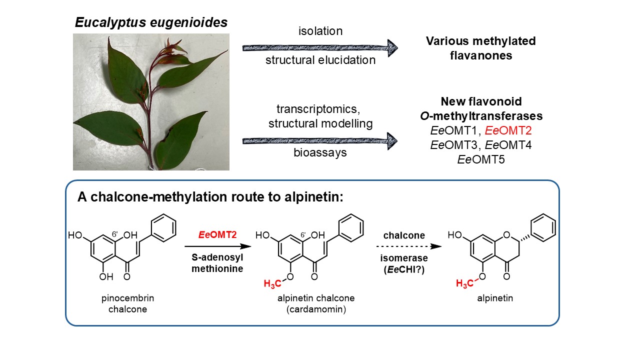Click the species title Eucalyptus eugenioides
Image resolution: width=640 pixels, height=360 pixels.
click(x=151, y=22)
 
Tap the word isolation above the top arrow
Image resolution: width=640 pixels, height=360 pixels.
click(x=320, y=31)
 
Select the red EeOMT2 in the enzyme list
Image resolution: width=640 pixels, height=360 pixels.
click(x=508, y=130)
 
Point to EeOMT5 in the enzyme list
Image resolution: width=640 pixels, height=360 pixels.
click(x=481, y=159)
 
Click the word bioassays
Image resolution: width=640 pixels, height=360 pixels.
click(x=320, y=152)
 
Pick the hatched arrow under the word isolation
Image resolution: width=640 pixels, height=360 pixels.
click(x=320, y=48)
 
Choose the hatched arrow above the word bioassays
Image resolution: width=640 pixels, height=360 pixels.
click(x=320, y=141)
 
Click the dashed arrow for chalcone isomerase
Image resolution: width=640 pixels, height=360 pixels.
click(x=409, y=246)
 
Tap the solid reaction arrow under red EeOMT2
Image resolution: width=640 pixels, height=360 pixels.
click(x=217, y=246)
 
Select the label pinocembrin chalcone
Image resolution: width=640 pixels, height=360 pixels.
click(x=127, y=303)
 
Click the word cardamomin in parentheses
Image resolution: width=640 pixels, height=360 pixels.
click(x=316, y=309)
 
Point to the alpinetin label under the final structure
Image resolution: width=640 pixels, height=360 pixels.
click(x=495, y=298)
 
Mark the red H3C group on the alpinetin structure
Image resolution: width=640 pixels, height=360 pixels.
click(x=464, y=283)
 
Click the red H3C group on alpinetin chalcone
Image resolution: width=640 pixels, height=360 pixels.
click(x=272, y=283)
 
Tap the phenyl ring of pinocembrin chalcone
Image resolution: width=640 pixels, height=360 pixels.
click(x=163, y=228)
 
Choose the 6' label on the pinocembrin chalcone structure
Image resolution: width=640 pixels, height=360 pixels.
click(x=115, y=234)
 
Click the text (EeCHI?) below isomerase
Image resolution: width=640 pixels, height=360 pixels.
click(x=404, y=269)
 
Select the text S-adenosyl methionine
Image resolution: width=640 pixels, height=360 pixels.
click(x=217, y=263)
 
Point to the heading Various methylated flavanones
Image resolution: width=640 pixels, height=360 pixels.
click(x=481, y=48)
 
